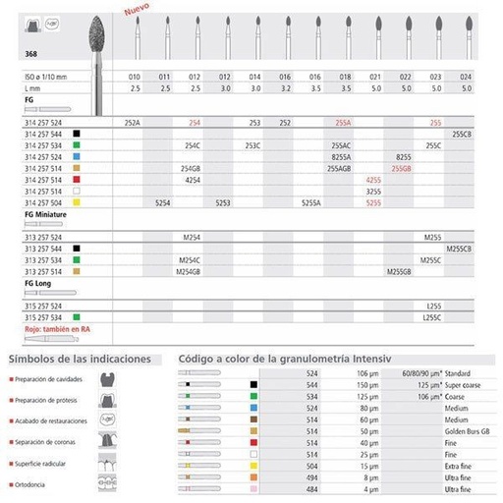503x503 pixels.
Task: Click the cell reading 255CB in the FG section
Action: coord(462,135)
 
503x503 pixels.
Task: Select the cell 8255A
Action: coord(343,154)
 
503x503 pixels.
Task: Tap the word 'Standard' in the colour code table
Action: coord(458,374)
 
